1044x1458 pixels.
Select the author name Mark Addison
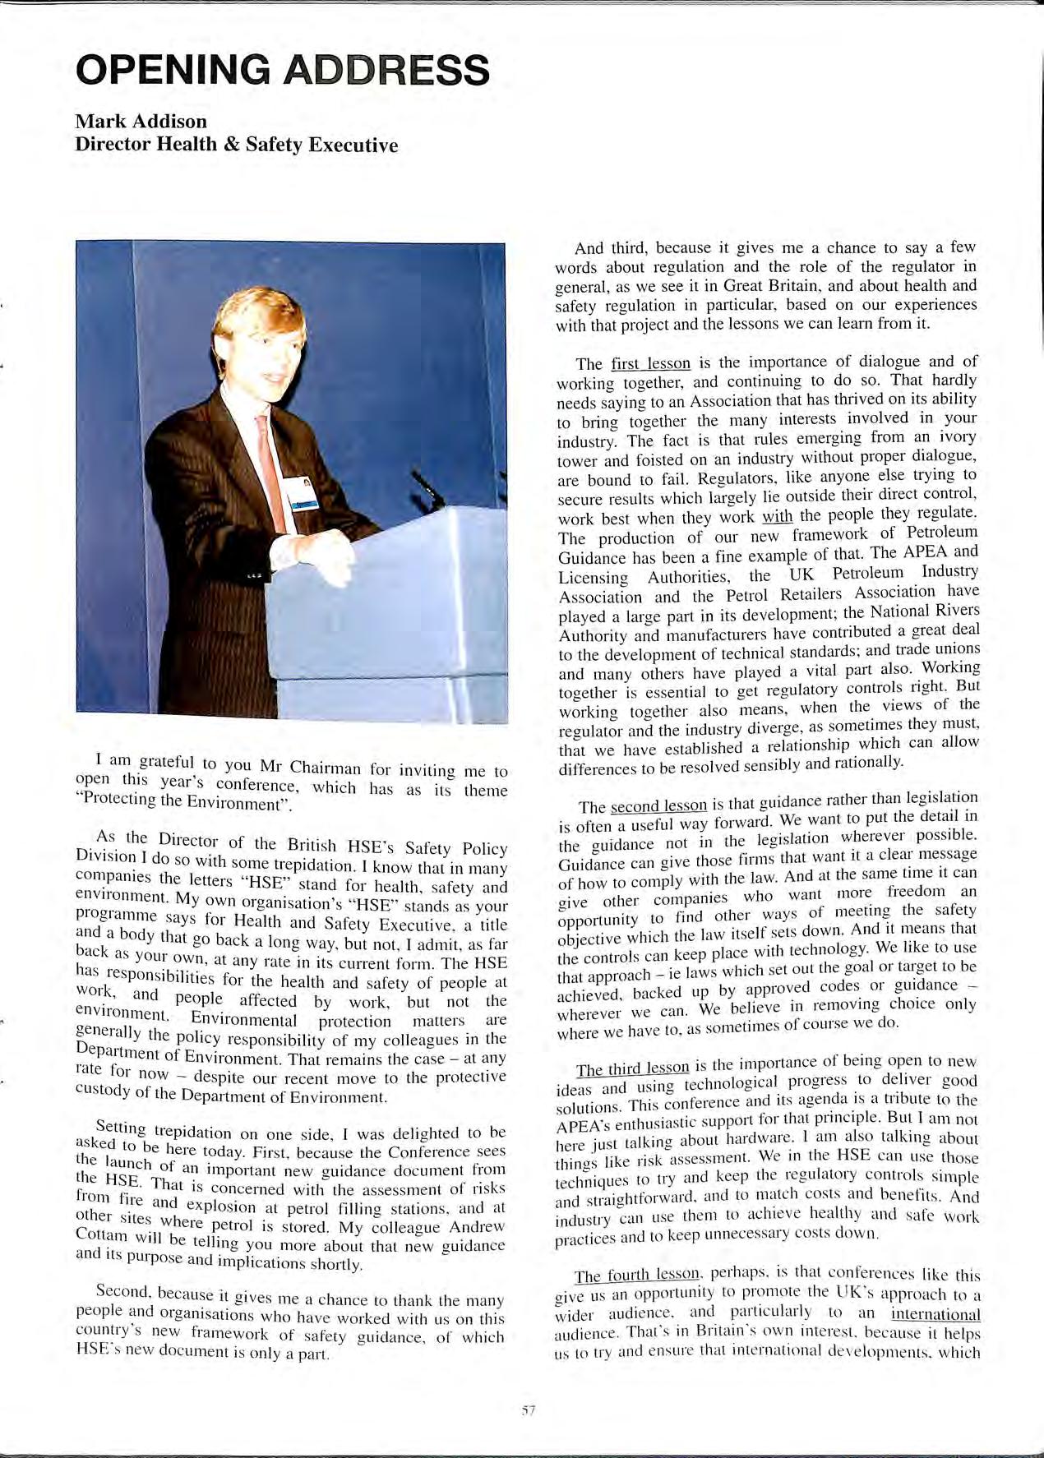point(141,122)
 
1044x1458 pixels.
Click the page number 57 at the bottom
point(528,1411)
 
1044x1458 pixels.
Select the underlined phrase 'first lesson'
point(650,364)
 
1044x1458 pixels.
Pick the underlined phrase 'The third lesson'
point(632,1068)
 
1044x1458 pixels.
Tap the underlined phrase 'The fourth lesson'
point(636,1276)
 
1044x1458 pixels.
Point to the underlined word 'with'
point(777,518)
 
